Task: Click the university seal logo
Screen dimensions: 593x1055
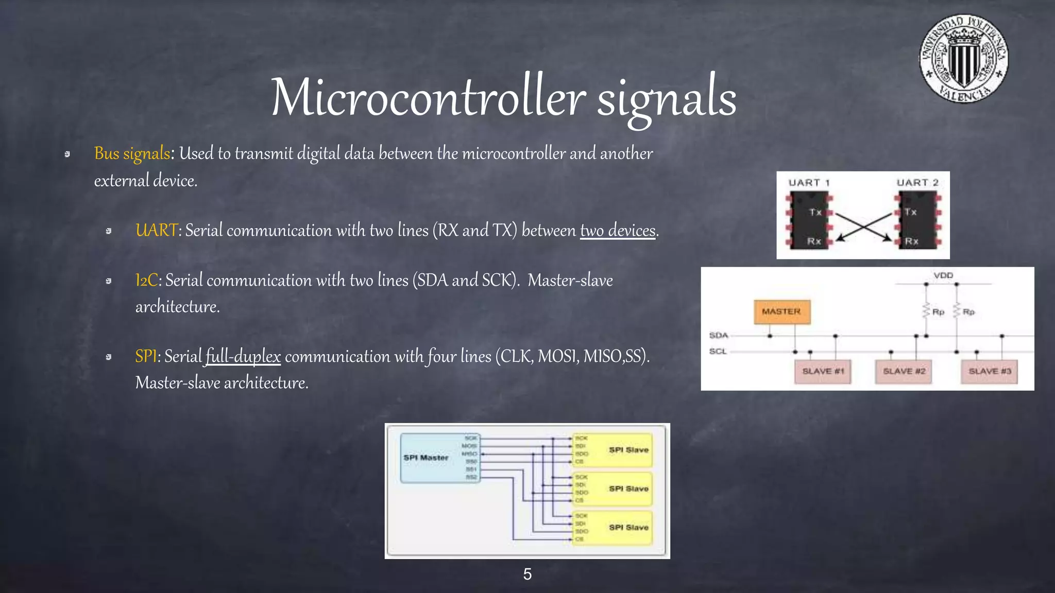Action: pyautogui.click(x=964, y=59)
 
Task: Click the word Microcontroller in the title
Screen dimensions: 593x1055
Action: pyautogui.click(x=428, y=98)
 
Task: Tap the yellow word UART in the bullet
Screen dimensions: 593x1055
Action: pyautogui.click(x=156, y=230)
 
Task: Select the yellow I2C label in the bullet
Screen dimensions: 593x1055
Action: pyautogui.click(x=146, y=280)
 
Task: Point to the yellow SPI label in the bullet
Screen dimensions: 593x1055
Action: pyautogui.click(x=146, y=356)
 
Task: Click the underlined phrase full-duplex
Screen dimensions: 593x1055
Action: pyautogui.click(x=243, y=356)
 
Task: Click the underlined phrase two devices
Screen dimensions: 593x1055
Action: pyautogui.click(x=618, y=230)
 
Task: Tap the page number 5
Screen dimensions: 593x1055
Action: pyautogui.click(x=527, y=574)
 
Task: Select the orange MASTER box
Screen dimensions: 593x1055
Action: pyautogui.click(x=781, y=311)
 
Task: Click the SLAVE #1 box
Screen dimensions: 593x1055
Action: pyautogui.click(x=823, y=371)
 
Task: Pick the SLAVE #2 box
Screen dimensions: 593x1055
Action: pyautogui.click(x=904, y=371)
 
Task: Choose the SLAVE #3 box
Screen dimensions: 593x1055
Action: pyautogui.click(x=990, y=371)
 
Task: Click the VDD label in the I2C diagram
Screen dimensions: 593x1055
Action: pyautogui.click(x=943, y=275)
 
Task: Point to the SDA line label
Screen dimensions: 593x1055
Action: pyautogui.click(x=719, y=335)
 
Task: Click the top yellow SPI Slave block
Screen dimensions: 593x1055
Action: pyautogui.click(x=612, y=450)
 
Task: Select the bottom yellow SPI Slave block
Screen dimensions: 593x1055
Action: pyautogui.click(x=612, y=528)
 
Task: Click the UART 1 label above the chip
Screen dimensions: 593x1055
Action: pyautogui.click(x=809, y=183)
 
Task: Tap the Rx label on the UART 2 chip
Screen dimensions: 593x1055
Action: pyautogui.click(x=911, y=241)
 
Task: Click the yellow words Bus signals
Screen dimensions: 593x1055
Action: pyautogui.click(x=132, y=153)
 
